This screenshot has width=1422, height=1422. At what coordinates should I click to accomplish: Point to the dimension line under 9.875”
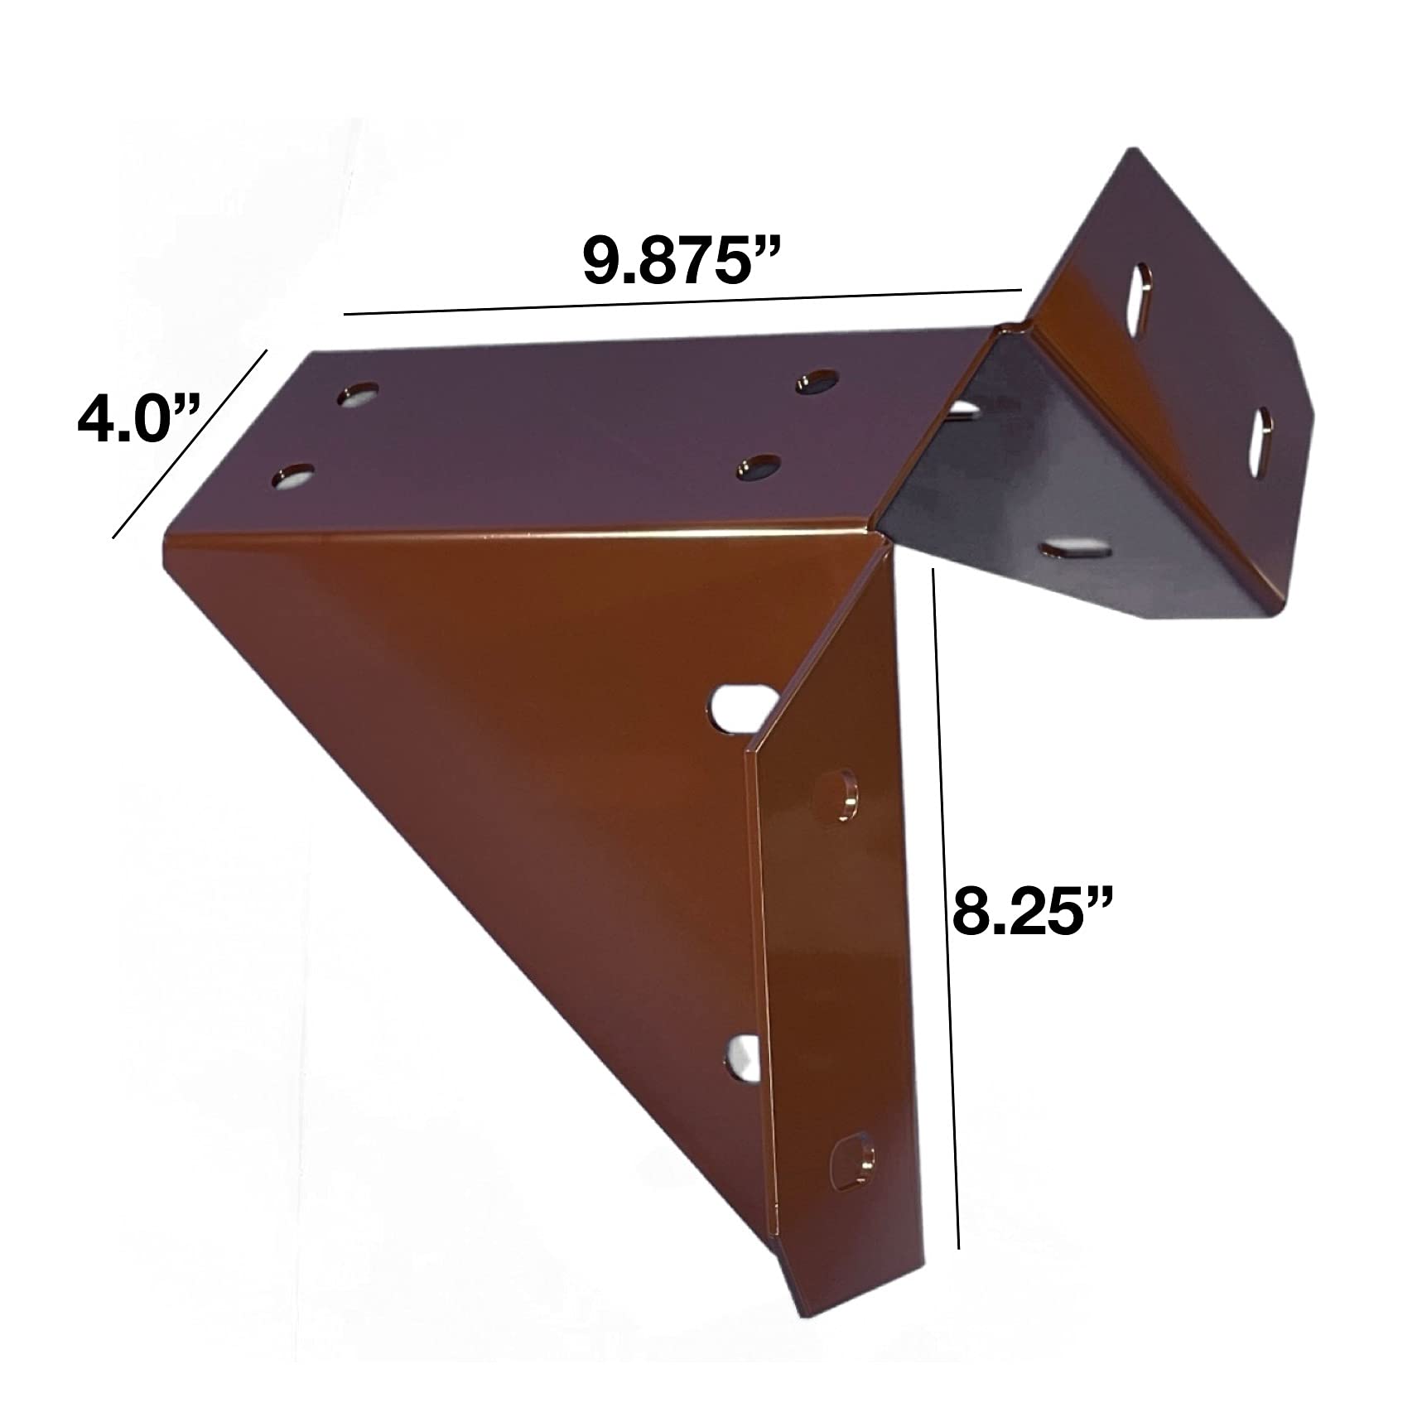[683, 302]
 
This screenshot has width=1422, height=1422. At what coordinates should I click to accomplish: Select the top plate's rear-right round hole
[816, 382]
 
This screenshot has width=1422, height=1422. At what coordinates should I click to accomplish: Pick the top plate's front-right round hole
[760, 467]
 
